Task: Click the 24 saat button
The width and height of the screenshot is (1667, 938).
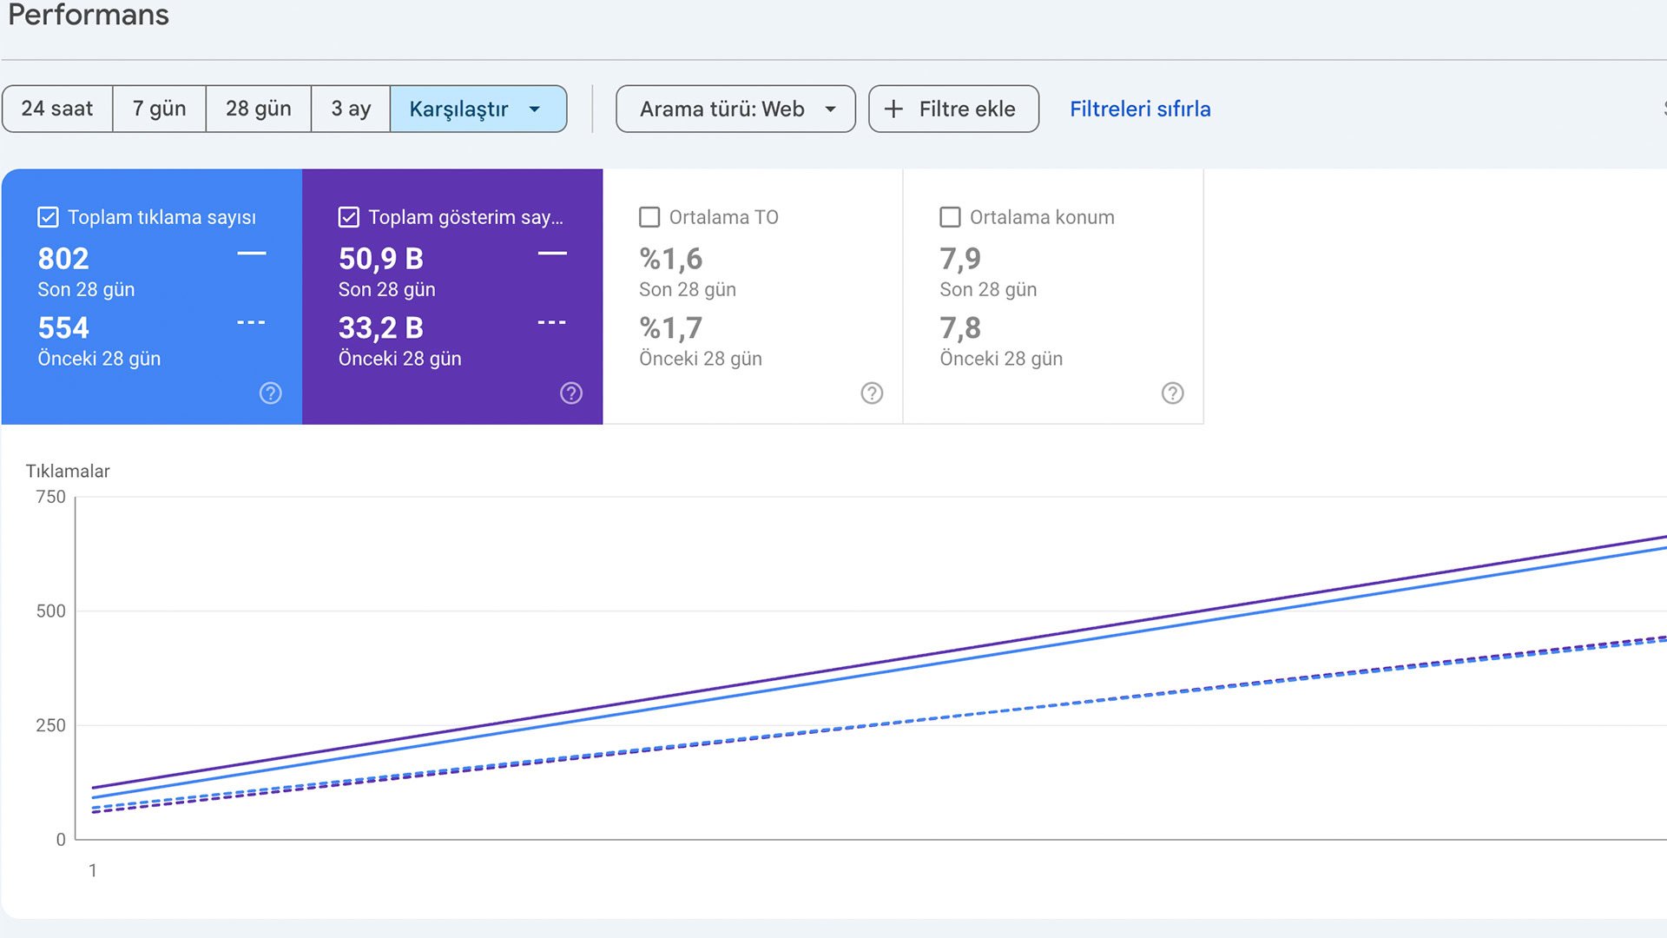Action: click(x=57, y=109)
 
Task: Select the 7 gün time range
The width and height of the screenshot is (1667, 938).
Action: click(x=159, y=109)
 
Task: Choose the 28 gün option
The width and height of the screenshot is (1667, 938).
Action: click(x=258, y=109)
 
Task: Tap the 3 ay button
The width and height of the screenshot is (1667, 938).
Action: click(x=351, y=109)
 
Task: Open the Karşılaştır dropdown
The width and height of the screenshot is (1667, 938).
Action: click(x=478, y=109)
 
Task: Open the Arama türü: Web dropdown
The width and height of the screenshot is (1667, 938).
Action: click(x=735, y=109)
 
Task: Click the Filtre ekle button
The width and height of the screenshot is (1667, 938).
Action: click(x=953, y=109)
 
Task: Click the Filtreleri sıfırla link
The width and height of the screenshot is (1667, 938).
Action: click(x=1140, y=109)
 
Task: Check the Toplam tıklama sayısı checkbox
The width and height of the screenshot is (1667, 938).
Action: click(x=49, y=217)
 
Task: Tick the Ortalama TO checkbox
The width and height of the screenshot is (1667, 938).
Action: click(x=649, y=217)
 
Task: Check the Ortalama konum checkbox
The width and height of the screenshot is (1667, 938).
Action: click(x=950, y=217)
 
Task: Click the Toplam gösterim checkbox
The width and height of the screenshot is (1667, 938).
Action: click(x=349, y=217)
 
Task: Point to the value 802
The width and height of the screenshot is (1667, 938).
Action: click(x=63, y=259)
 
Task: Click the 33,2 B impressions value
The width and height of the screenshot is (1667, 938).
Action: click(x=380, y=328)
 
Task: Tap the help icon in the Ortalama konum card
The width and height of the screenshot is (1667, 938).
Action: click(x=1172, y=393)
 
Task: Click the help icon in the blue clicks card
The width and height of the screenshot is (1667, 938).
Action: click(x=270, y=393)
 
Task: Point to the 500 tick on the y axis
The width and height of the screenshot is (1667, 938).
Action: click(x=50, y=611)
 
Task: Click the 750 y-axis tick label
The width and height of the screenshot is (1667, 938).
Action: click(x=50, y=497)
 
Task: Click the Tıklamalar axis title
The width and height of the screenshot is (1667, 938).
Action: click(x=68, y=471)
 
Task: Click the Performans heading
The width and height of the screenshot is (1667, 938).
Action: click(x=89, y=15)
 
